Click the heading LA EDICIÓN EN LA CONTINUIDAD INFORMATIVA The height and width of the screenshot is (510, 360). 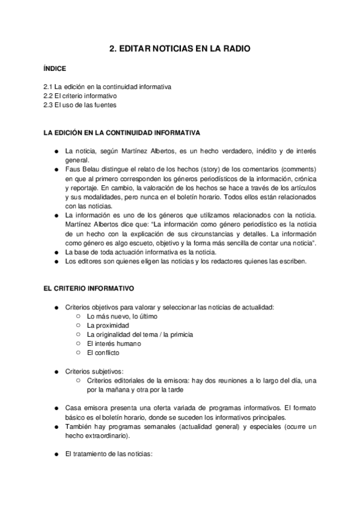tap(118, 132)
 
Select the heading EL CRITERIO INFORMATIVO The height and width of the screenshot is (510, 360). tap(85, 289)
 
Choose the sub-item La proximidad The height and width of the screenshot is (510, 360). tap(108, 325)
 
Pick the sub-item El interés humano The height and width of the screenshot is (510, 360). tap(114, 343)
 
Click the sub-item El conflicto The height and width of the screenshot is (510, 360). tap(103, 352)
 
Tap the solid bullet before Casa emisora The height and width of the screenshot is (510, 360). tap(55, 408)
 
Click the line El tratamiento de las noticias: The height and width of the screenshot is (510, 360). tap(109, 454)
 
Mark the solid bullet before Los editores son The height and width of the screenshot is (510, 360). tap(55, 261)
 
